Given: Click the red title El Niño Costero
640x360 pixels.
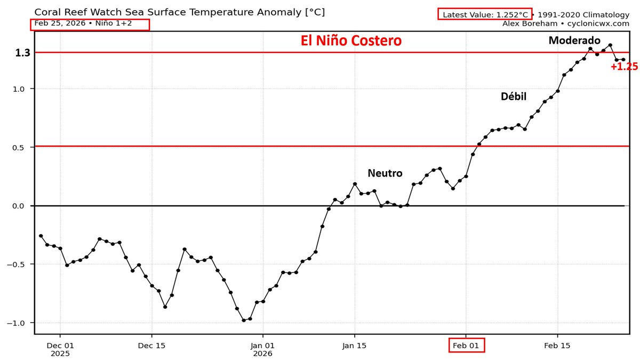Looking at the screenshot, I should tap(351, 41).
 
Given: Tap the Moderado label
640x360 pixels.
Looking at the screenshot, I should tap(574, 40).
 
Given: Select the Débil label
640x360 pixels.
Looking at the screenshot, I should tap(513, 97).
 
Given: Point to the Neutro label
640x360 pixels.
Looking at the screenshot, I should tap(385, 173).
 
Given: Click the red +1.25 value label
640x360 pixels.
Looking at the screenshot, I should tap(623, 67).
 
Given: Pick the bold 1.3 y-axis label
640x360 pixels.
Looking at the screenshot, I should tap(22, 52).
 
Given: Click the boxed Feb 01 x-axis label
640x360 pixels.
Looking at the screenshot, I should tap(466, 346).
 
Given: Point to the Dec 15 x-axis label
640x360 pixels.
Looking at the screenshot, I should tap(151, 346).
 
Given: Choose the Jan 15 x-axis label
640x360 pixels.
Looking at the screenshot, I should tap(355, 346).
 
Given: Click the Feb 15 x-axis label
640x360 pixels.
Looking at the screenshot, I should tap(557, 346).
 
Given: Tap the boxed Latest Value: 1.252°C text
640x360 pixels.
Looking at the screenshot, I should tap(484, 14).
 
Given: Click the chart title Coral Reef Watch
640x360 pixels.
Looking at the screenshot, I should tap(179, 12).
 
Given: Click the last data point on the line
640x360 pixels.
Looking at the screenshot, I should tap(623, 60).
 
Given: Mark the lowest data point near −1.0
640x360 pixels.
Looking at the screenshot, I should tap(244, 320).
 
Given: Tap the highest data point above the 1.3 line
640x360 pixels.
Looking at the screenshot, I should tap(610, 45).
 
